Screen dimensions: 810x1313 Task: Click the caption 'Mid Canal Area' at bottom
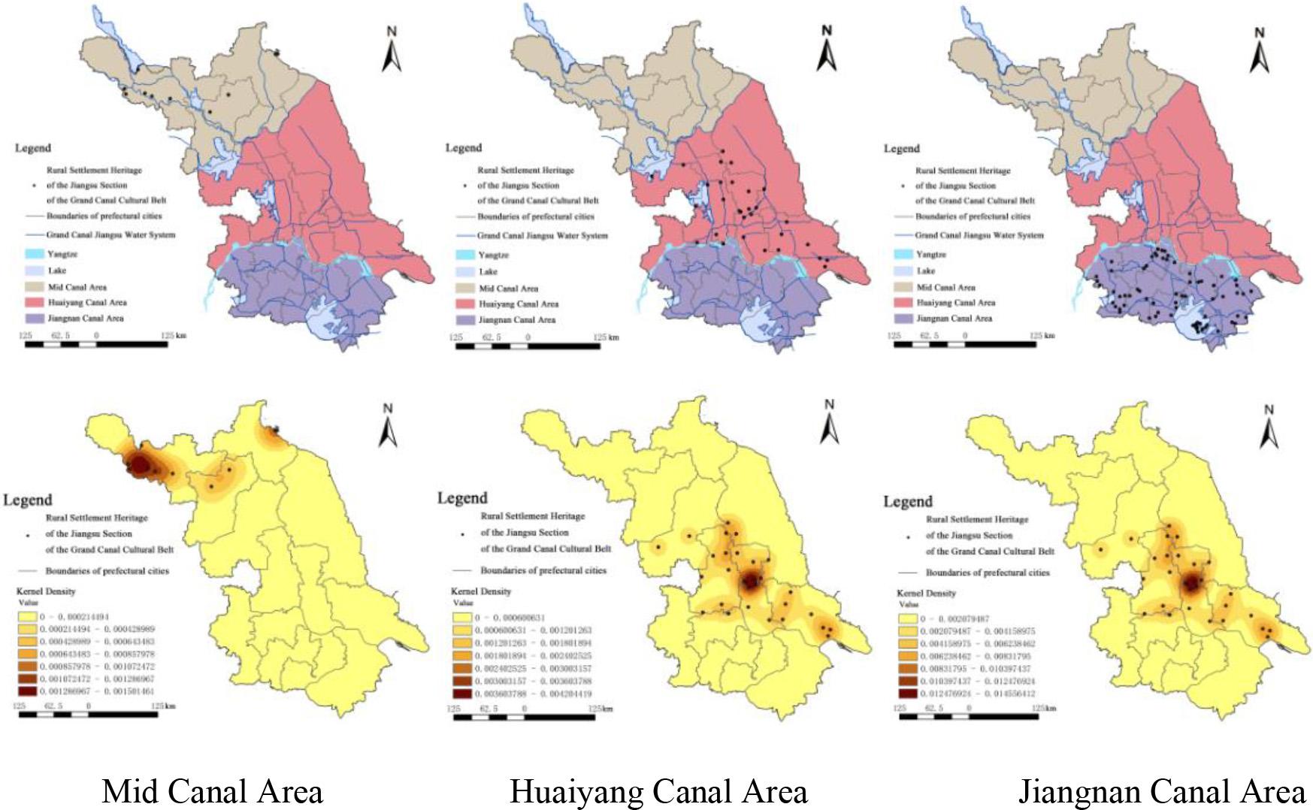coord(212,791)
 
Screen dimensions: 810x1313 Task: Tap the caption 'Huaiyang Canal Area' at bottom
coord(658,791)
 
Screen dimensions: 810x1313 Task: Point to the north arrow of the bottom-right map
coord(1269,427)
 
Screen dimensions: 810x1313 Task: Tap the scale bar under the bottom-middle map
coord(524,718)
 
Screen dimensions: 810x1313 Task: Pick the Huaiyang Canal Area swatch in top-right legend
coord(903,303)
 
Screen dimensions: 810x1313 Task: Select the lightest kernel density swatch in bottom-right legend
coord(908,619)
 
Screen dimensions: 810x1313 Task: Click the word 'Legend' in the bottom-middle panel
coord(462,498)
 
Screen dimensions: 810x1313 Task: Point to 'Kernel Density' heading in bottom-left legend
coord(46,591)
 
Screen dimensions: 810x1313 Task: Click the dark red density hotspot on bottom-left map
coord(140,465)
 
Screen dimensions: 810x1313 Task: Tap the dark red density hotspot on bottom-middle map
coord(752,581)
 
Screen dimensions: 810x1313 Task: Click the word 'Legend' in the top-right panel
coord(902,148)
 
